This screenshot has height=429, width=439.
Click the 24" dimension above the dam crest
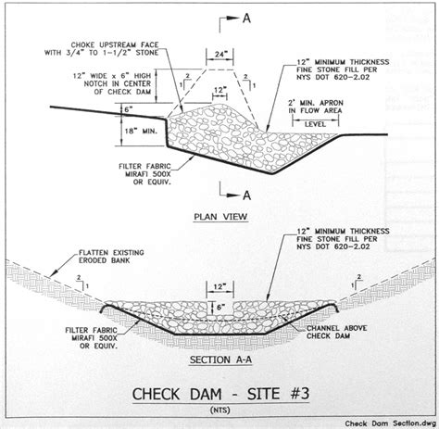click(219, 55)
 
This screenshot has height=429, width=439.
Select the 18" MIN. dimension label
click(141, 131)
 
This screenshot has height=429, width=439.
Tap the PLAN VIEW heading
click(220, 217)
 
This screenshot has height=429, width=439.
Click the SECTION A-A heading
click(220, 360)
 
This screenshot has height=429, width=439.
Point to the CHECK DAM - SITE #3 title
click(220, 394)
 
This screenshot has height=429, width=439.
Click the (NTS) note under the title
click(220, 410)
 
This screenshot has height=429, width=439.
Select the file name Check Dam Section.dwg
click(390, 423)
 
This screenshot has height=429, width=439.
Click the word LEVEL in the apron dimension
click(315, 124)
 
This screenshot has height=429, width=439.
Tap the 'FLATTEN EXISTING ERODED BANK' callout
click(111, 257)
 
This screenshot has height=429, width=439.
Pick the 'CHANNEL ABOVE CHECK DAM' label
click(337, 332)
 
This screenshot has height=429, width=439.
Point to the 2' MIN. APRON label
click(315, 107)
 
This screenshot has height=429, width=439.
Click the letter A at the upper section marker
click(246, 19)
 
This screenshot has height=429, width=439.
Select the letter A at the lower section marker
click(246, 196)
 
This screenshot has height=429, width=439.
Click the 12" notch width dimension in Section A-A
click(219, 287)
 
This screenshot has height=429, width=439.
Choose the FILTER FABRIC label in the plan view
click(144, 174)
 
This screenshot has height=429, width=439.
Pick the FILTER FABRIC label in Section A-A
click(92, 338)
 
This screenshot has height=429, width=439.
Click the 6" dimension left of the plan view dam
click(129, 109)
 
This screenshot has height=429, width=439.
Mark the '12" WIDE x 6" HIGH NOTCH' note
click(112, 83)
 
